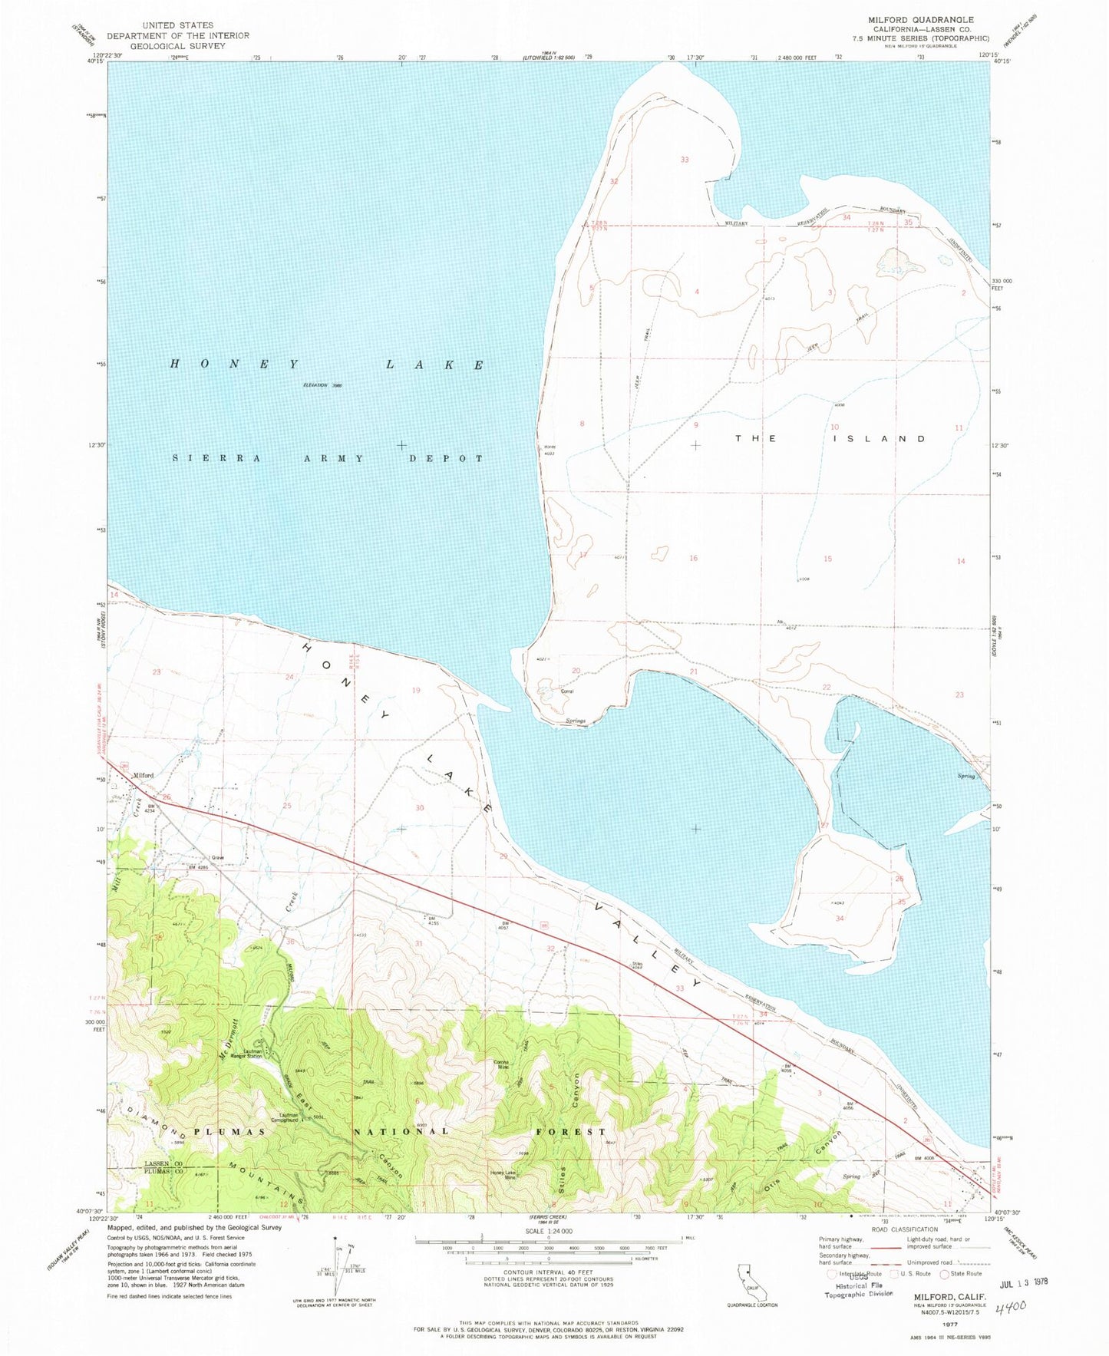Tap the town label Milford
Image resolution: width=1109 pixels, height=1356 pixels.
pos(144,775)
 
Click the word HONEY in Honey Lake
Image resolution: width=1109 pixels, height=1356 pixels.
pos(233,365)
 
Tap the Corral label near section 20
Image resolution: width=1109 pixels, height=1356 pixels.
pos(567,691)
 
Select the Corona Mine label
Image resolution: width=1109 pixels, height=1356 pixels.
pos(503,1064)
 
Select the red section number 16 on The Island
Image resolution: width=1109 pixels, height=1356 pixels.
pos(693,558)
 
